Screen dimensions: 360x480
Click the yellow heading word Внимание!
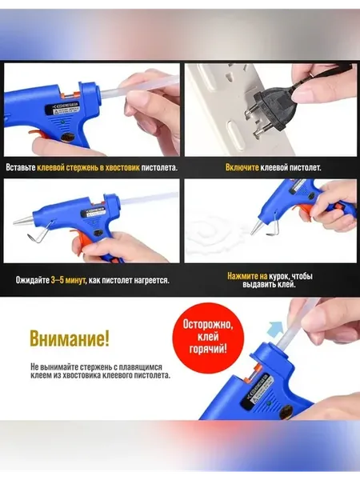[x=70, y=338]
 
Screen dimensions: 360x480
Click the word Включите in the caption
[x=242, y=168]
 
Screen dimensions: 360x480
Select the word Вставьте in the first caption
[x=21, y=168]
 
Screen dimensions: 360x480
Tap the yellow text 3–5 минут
[x=68, y=281]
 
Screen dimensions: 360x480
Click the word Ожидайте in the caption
[x=33, y=281]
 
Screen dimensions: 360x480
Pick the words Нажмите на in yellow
[x=247, y=276]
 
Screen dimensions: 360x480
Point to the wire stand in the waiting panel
[x=39, y=234]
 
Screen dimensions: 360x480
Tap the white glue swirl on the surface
[x=214, y=233]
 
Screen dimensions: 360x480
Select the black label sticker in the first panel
[x=63, y=108]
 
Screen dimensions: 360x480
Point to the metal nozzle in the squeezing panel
[x=256, y=227]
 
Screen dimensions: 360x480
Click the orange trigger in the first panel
[x=38, y=134]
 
